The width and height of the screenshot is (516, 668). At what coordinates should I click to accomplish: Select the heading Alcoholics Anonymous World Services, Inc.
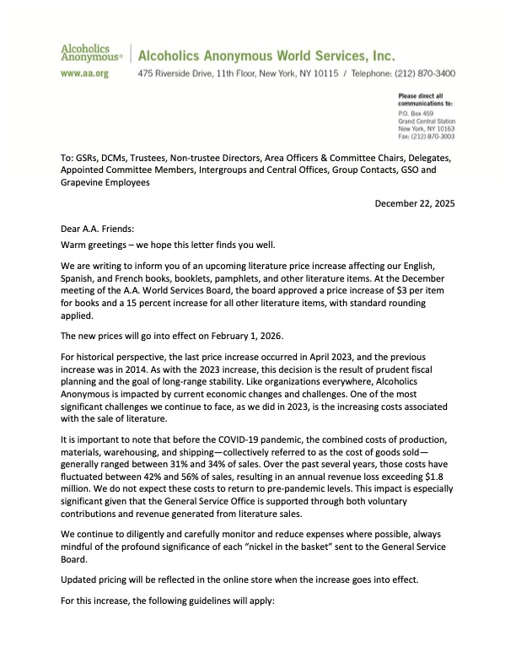[266, 56]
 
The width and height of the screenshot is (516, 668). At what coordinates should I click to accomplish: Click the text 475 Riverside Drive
[174, 74]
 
